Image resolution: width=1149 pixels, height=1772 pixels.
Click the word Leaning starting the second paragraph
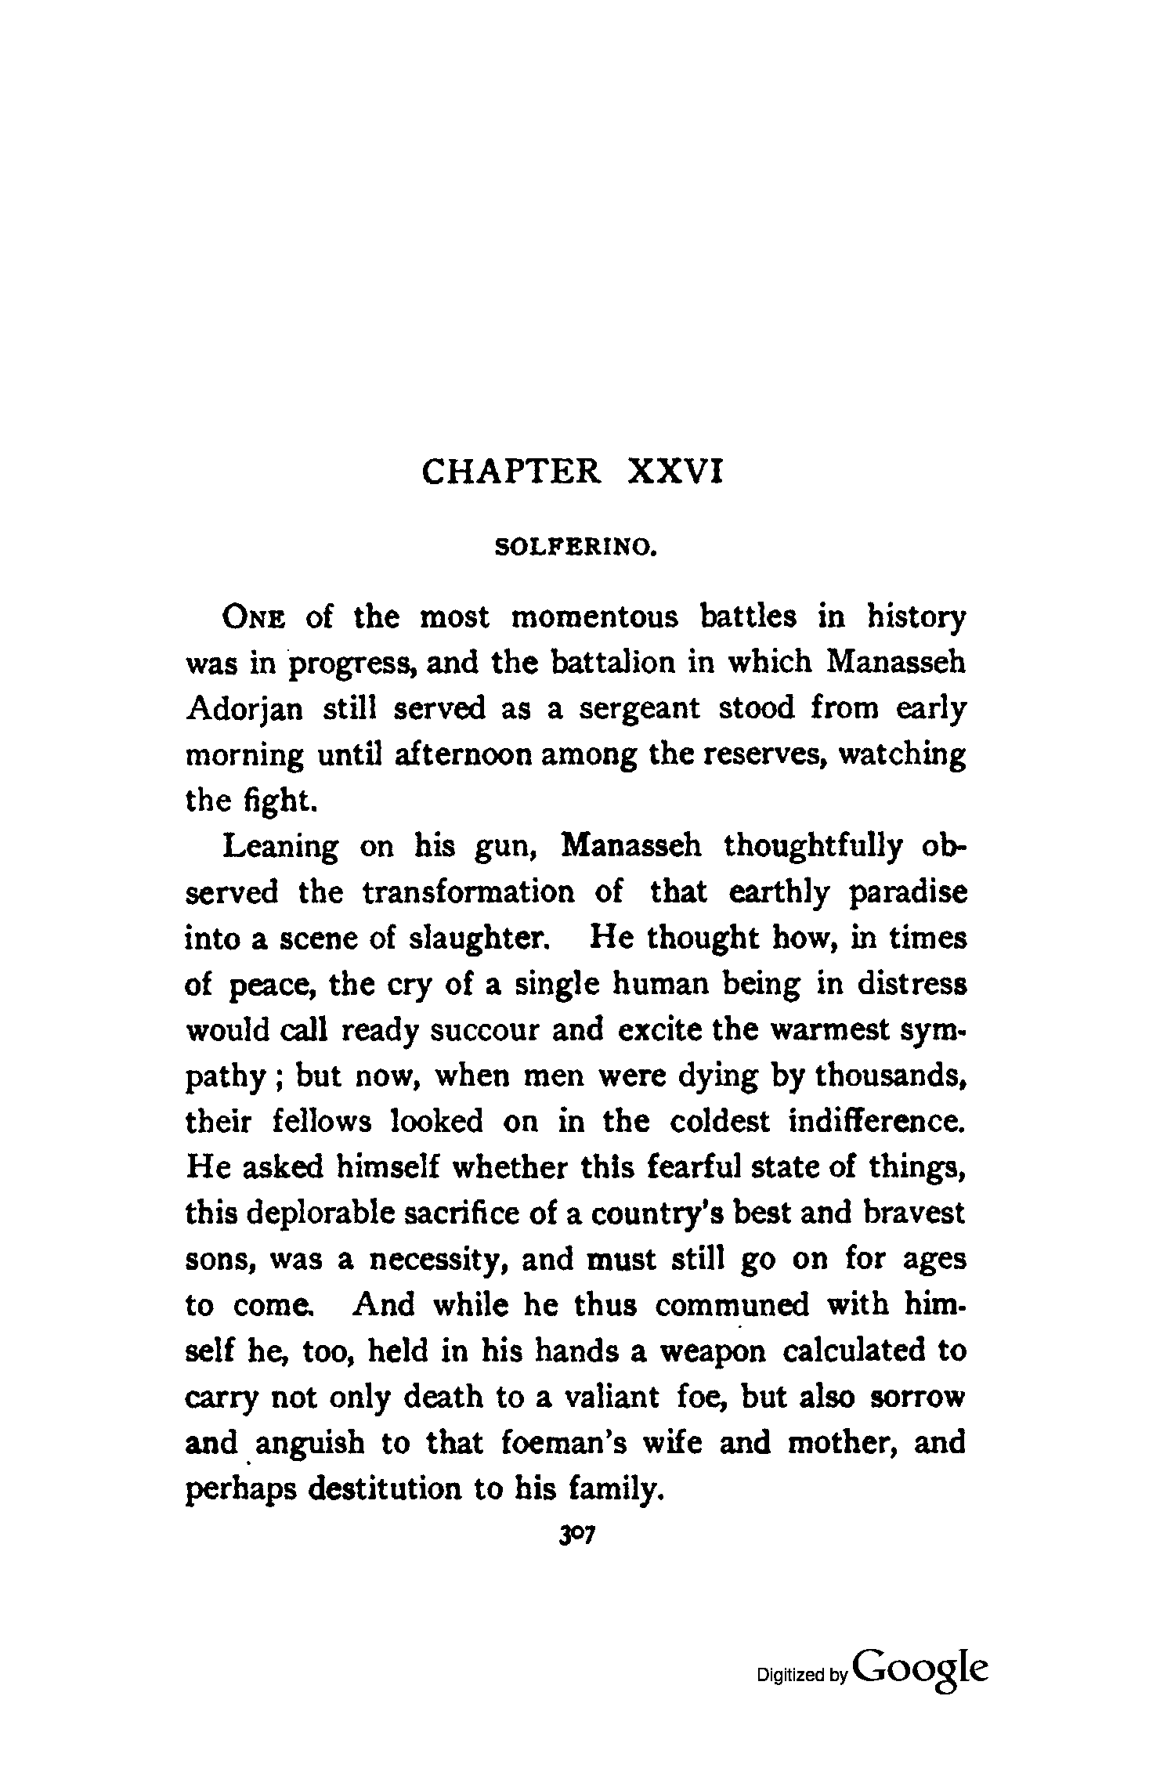[x=281, y=847]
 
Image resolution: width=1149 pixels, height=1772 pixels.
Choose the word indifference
[x=876, y=1122]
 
